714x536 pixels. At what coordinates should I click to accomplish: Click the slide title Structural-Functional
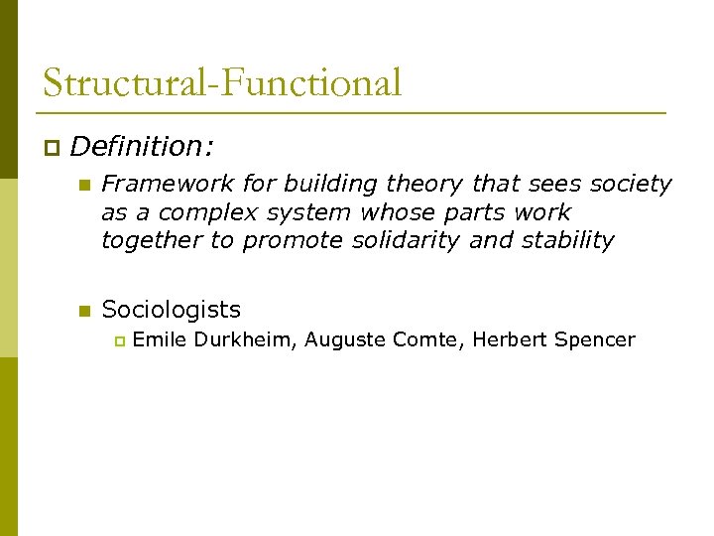click(x=222, y=82)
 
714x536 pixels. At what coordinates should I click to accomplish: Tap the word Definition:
click(x=142, y=147)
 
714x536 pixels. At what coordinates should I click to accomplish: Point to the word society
click(x=631, y=184)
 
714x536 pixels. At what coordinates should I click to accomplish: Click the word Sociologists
click(x=171, y=310)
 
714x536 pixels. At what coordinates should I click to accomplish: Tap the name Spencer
click(x=594, y=340)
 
